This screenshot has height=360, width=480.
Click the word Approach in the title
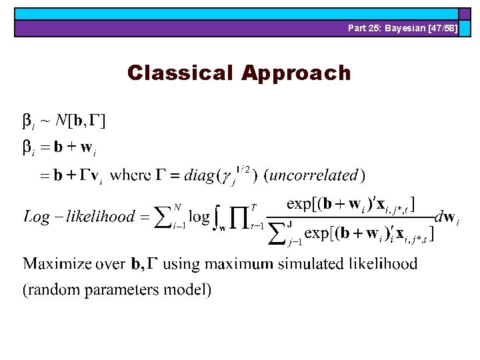[x=296, y=73]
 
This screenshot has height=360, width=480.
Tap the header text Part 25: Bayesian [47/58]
[x=402, y=28]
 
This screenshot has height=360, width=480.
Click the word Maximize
[x=57, y=264]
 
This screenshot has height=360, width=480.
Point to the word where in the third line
[x=130, y=176]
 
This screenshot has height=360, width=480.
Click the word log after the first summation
[x=200, y=217]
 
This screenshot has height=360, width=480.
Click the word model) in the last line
[x=191, y=290]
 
